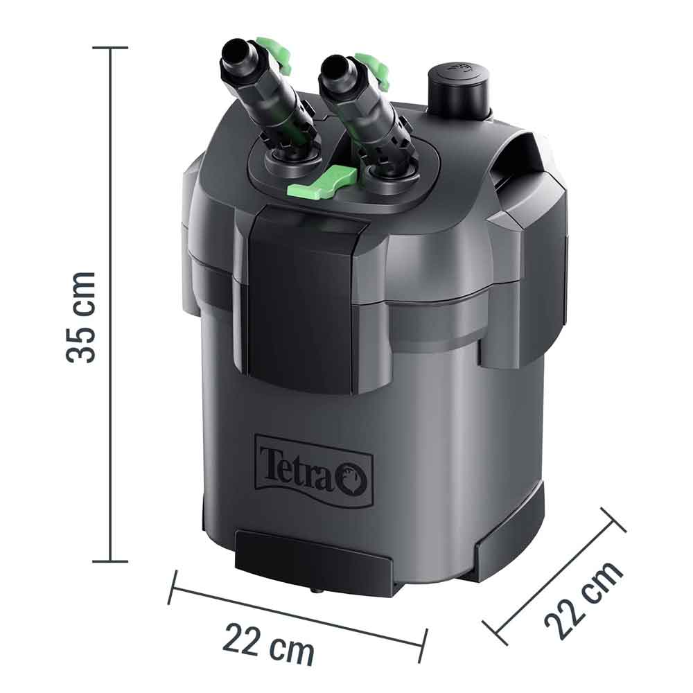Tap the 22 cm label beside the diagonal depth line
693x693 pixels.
584,602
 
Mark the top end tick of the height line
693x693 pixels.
109,48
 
